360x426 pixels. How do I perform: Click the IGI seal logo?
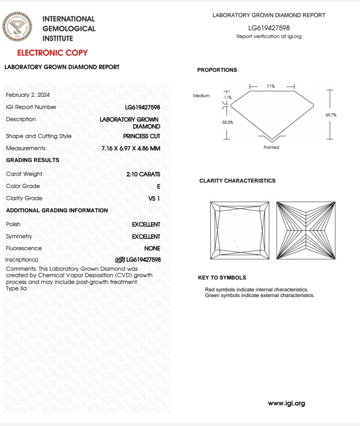(17, 27)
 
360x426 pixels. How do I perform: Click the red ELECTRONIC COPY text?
(52, 53)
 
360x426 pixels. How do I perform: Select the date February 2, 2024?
(28, 95)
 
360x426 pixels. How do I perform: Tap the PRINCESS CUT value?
(142, 136)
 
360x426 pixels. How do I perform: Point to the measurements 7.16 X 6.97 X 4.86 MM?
(131, 149)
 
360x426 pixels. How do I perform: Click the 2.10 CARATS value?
(143, 174)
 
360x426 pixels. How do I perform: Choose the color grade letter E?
(158, 187)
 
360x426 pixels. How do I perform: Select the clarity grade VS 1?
(154, 199)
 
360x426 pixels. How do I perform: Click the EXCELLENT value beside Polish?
(146, 224)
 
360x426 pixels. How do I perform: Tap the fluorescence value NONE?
(152, 248)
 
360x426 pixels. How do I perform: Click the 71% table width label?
(271, 86)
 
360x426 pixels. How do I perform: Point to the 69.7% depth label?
(331, 115)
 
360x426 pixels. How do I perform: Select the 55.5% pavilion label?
(228, 123)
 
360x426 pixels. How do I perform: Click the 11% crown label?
(228, 98)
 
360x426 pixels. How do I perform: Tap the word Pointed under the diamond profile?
(271, 148)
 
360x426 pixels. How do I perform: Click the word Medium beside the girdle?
(201, 96)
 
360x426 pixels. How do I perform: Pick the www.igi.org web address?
(286, 403)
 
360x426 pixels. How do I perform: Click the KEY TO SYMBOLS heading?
(222, 278)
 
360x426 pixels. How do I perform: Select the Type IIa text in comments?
(16, 289)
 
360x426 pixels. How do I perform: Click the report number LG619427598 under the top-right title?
(269, 28)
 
